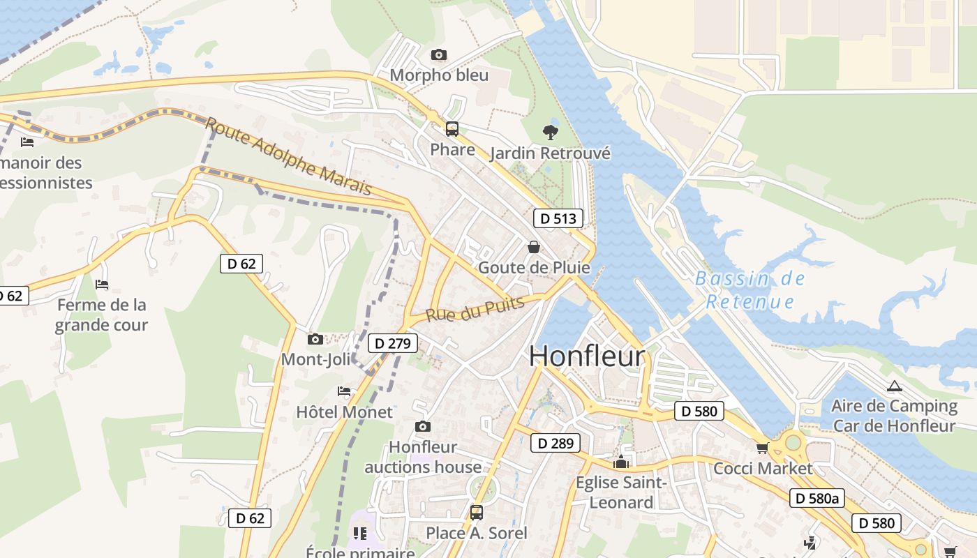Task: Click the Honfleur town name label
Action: pyautogui.click(x=587, y=356)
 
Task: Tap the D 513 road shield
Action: pyautogui.click(x=558, y=218)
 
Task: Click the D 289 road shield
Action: pyautogui.click(x=555, y=443)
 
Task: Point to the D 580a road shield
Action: pyautogui.click(x=817, y=498)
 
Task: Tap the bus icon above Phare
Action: pyautogui.click(x=452, y=129)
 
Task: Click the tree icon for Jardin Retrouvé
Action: pyautogui.click(x=550, y=133)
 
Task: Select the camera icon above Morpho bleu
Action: pyautogui.click(x=439, y=54)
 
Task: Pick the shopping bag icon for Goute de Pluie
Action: pyautogui.click(x=534, y=247)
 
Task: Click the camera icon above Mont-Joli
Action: pyautogui.click(x=315, y=339)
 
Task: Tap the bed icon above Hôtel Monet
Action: pyautogui.click(x=344, y=391)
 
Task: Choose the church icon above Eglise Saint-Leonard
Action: pyautogui.click(x=621, y=462)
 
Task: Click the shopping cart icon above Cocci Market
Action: pyautogui.click(x=762, y=448)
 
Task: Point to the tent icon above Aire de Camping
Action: pyautogui.click(x=894, y=386)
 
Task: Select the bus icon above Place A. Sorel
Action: pyautogui.click(x=476, y=513)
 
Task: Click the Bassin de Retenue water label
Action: pyautogui.click(x=750, y=290)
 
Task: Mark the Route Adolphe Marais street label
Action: pyautogui.click(x=288, y=156)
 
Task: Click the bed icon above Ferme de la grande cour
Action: pyautogui.click(x=102, y=285)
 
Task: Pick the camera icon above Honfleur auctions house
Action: pyautogui.click(x=422, y=426)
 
